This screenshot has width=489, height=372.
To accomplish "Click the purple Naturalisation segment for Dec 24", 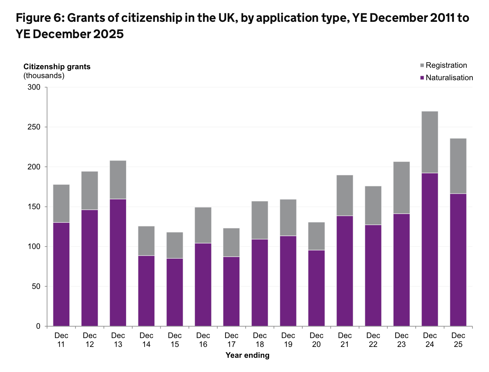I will (x=430, y=250).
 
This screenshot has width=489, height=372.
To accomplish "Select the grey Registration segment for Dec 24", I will (x=430, y=142).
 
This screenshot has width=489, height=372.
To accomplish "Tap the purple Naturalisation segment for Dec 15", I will (x=175, y=292).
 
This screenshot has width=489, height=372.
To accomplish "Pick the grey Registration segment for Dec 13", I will (x=118, y=179).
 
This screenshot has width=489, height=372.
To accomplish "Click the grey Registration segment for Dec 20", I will (x=316, y=236).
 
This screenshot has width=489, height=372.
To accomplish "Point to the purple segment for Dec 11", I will (x=61, y=274).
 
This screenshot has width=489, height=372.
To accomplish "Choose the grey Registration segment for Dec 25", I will (x=458, y=166).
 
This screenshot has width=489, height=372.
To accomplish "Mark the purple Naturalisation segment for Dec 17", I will (x=231, y=292).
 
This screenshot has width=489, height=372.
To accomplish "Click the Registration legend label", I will (x=446, y=65).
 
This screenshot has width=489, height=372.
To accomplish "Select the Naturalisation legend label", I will (x=449, y=78).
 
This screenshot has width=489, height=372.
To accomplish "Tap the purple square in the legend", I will (x=422, y=78).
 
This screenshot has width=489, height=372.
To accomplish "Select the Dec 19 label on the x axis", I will (x=288, y=340).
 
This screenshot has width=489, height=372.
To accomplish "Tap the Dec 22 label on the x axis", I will (x=373, y=340).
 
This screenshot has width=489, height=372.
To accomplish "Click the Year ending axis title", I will (x=248, y=355).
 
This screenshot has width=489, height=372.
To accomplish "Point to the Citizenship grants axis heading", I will (x=57, y=67).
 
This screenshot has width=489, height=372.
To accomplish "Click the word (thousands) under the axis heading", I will (x=44, y=76).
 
